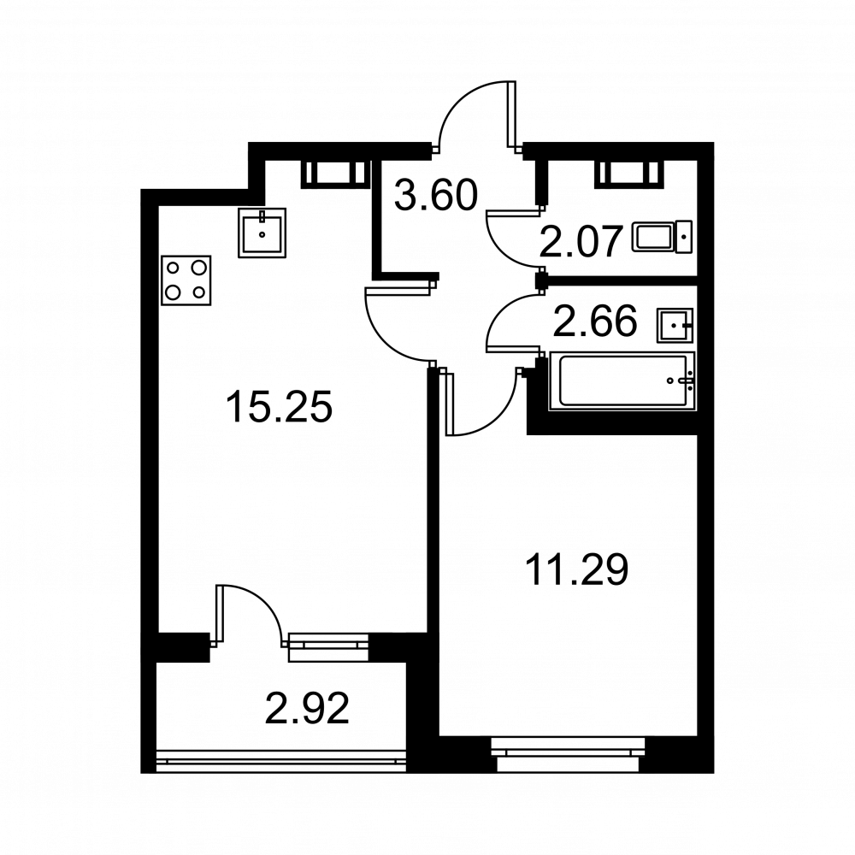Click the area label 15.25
279,406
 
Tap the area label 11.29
576,569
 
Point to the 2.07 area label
581,242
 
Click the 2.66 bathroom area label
595,321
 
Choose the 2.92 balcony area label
307,709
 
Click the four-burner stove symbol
186,280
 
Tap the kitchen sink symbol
262,233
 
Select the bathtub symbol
621,380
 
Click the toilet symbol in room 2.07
662,237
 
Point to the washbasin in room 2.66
675,326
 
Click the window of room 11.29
568,754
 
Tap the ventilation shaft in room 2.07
629,174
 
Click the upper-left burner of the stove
174,268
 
